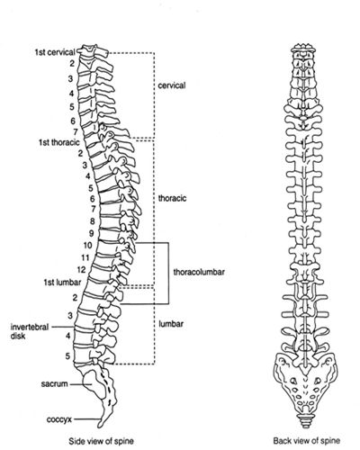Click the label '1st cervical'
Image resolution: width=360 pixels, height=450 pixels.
click(x=55, y=52)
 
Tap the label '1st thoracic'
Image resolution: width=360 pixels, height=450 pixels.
click(x=59, y=142)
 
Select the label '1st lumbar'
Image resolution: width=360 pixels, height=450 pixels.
click(x=62, y=283)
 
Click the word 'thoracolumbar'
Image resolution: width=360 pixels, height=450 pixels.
click(x=199, y=272)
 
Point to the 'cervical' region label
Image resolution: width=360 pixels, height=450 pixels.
click(x=172, y=85)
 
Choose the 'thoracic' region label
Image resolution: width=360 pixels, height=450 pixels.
click(x=172, y=198)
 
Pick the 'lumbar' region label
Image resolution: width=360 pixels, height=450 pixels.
click(x=171, y=324)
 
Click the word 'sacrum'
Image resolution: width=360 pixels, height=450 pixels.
click(x=54, y=383)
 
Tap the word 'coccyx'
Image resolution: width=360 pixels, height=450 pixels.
click(x=59, y=419)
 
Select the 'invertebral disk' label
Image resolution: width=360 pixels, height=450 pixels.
click(x=30, y=331)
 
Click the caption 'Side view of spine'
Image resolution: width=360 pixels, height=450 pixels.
click(x=101, y=441)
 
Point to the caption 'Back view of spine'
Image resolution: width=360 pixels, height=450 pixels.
click(x=307, y=441)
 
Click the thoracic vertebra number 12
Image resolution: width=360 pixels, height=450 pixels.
click(x=81, y=270)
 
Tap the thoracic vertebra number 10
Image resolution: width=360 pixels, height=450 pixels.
click(x=87, y=246)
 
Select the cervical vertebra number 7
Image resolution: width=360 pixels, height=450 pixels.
click(x=76, y=132)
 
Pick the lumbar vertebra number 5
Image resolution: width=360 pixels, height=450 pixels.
click(x=67, y=356)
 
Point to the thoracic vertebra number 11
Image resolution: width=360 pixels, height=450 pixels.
click(x=85, y=257)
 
